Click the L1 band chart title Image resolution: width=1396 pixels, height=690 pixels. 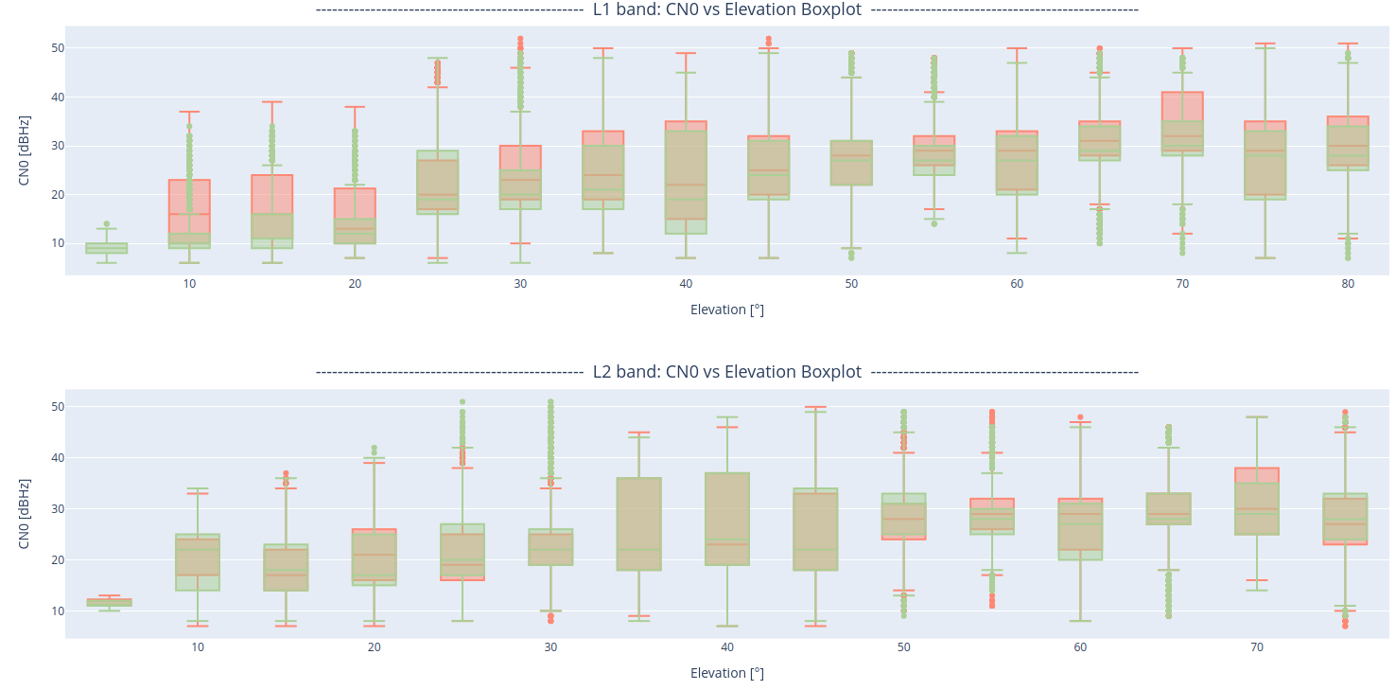click(726, 9)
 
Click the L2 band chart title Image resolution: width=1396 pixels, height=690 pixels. click(726, 372)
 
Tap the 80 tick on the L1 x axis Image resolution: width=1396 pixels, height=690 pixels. click(1348, 284)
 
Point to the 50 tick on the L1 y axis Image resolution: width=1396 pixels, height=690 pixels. click(58, 48)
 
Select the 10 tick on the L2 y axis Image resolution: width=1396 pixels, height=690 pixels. click(58, 610)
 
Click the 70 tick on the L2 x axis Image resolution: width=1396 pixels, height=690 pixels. click(1257, 647)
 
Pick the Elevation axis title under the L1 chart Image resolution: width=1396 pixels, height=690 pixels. click(726, 310)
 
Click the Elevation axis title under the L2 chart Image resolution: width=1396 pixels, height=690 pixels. click(726, 673)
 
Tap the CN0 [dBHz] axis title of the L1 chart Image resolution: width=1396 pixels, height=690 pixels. click(25, 150)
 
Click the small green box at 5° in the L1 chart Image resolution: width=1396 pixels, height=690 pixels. click(107, 248)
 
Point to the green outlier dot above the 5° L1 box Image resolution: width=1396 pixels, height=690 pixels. click(107, 224)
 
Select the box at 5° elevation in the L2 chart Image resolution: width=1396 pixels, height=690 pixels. click(110, 602)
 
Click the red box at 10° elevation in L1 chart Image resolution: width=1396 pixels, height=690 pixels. click(189, 194)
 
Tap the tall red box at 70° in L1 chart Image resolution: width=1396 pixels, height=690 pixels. click(1182, 106)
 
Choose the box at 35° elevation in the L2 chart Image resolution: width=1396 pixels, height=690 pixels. click(639, 523)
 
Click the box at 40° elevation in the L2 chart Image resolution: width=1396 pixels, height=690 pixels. click(727, 519)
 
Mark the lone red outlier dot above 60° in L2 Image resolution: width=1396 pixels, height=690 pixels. click(1080, 417)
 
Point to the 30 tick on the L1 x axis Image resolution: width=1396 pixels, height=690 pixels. click(520, 284)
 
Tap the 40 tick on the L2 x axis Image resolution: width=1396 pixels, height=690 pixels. click(727, 647)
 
